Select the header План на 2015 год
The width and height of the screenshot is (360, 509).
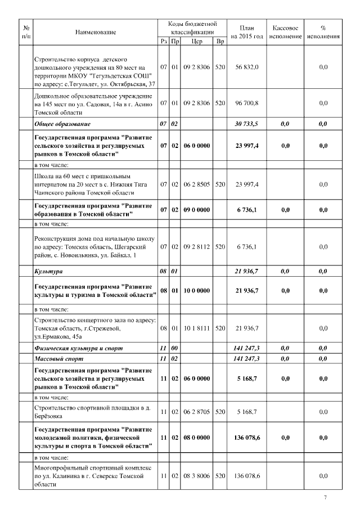pos(247,32)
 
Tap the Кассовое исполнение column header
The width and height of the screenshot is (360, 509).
pos(285,32)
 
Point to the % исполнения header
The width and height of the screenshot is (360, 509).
pos(323,32)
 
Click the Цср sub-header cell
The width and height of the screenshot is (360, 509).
pos(196,41)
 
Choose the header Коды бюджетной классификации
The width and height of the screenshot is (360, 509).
pos(192,28)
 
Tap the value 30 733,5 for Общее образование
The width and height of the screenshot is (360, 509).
pos(247,124)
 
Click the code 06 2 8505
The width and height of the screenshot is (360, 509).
pos(196,184)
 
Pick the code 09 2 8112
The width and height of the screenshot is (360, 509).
pos(196,247)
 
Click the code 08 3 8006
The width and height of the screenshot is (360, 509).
pos(196,476)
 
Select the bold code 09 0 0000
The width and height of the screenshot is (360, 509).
pos(196,210)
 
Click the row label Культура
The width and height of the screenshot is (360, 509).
pos(48,272)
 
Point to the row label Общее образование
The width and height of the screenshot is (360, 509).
pos(62,124)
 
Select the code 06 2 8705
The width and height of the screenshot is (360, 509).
pos(196,412)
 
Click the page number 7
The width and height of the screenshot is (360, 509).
pos(325,498)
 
